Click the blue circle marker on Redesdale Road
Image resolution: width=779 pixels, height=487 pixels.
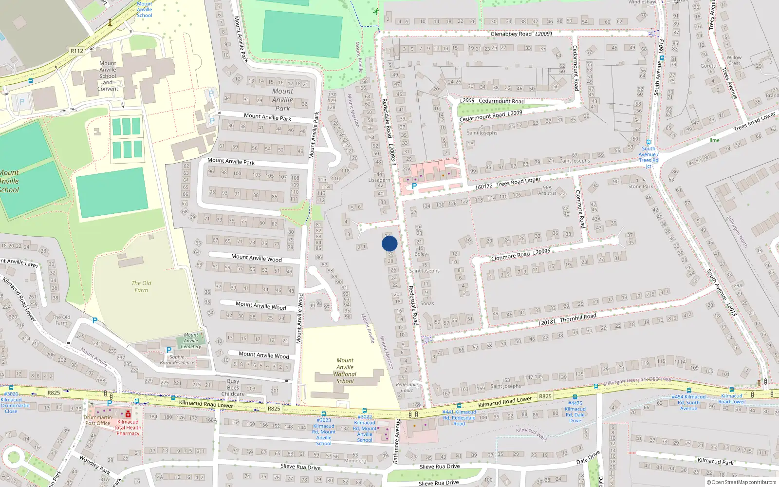[x=389, y=243]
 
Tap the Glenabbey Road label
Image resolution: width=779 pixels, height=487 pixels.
[x=511, y=34]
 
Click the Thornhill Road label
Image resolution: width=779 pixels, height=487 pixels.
[x=578, y=318]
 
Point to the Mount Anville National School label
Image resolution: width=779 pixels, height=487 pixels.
[x=345, y=371]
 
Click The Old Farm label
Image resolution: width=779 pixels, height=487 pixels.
[x=141, y=286]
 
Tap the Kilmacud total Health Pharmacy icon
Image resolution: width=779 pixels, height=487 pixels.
[x=128, y=414]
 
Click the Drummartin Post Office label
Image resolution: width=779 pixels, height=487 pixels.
[x=97, y=420]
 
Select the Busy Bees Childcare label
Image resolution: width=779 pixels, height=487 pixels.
[x=233, y=388]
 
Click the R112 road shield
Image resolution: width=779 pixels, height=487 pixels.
[x=77, y=51]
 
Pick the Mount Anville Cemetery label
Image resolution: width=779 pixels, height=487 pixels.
[x=191, y=341]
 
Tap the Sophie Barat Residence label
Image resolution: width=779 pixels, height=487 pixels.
[x=177, y=360]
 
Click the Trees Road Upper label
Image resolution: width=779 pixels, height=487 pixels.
[x=518, y=182]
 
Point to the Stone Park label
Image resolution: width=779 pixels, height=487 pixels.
[x=641, y=186]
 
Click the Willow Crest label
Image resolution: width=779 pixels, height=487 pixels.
[x=734, y=60]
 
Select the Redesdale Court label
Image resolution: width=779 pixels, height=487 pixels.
[x=407, y=387]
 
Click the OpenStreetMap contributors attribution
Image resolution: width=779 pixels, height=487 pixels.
[x=743, y=482]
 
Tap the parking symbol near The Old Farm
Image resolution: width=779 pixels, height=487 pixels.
[x=95, y=320]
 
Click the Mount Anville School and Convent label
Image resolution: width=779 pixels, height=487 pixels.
[x=108, y=76]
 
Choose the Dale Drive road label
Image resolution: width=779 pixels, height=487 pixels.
[x=588, y=458]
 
